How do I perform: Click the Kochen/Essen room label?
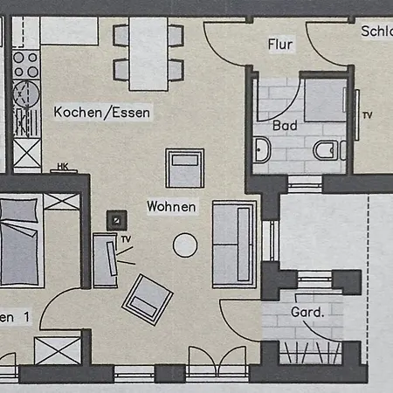pyautogui.click(x=102, y=113)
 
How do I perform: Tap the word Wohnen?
pyautogui.click(x=171, y=207)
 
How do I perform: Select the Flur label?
pyautogui.click(x=279, y=44)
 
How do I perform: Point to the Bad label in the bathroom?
pyautogui.click(x=285, y=126)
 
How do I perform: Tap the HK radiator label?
pyautogui.click(x=62, y=166)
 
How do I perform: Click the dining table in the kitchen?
pyautogui.click(x=148, y=50)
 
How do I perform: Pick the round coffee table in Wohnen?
pyautogui.click(x=185, y=245)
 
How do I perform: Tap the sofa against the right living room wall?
pyautogui.click(x=234, y=244)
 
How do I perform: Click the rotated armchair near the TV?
pyautogui.click(x=148, y=300)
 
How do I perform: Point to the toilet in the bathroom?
pyautogui.click(x=327, y=150)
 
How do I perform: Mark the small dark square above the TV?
pyautogui.click(x=114, y=220)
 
